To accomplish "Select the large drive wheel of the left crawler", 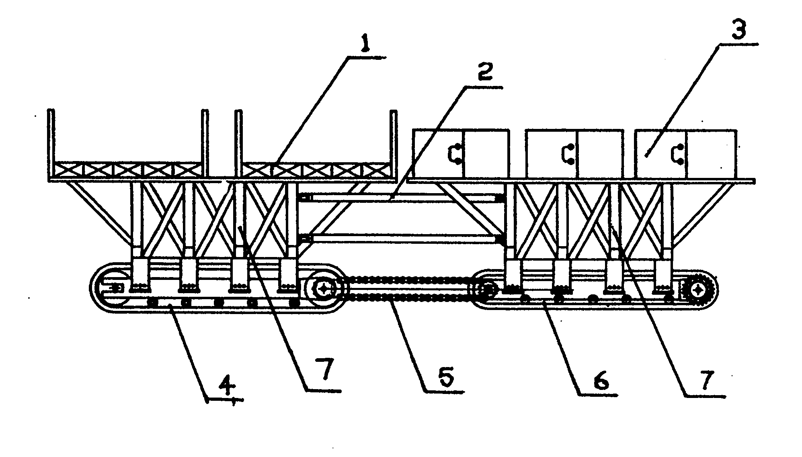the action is point(324,288).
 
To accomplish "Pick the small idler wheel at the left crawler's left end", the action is point(116,288).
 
